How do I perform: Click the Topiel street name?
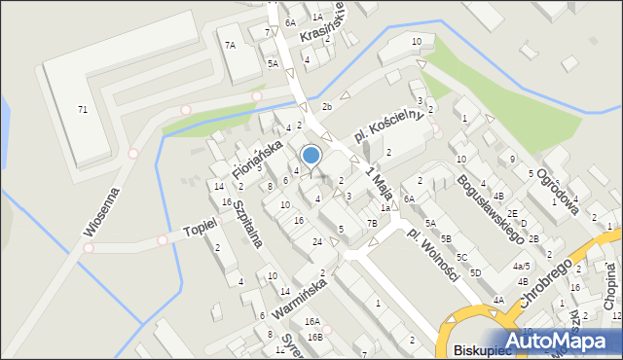[200, 231]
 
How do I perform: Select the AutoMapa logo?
[566, 340]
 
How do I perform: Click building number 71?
[83, 109]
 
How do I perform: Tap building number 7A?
[230, 45]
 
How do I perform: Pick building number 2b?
[327, 106]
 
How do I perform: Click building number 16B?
[314, 337]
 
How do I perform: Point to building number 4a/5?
[522, 266]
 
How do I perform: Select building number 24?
[316, 240]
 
